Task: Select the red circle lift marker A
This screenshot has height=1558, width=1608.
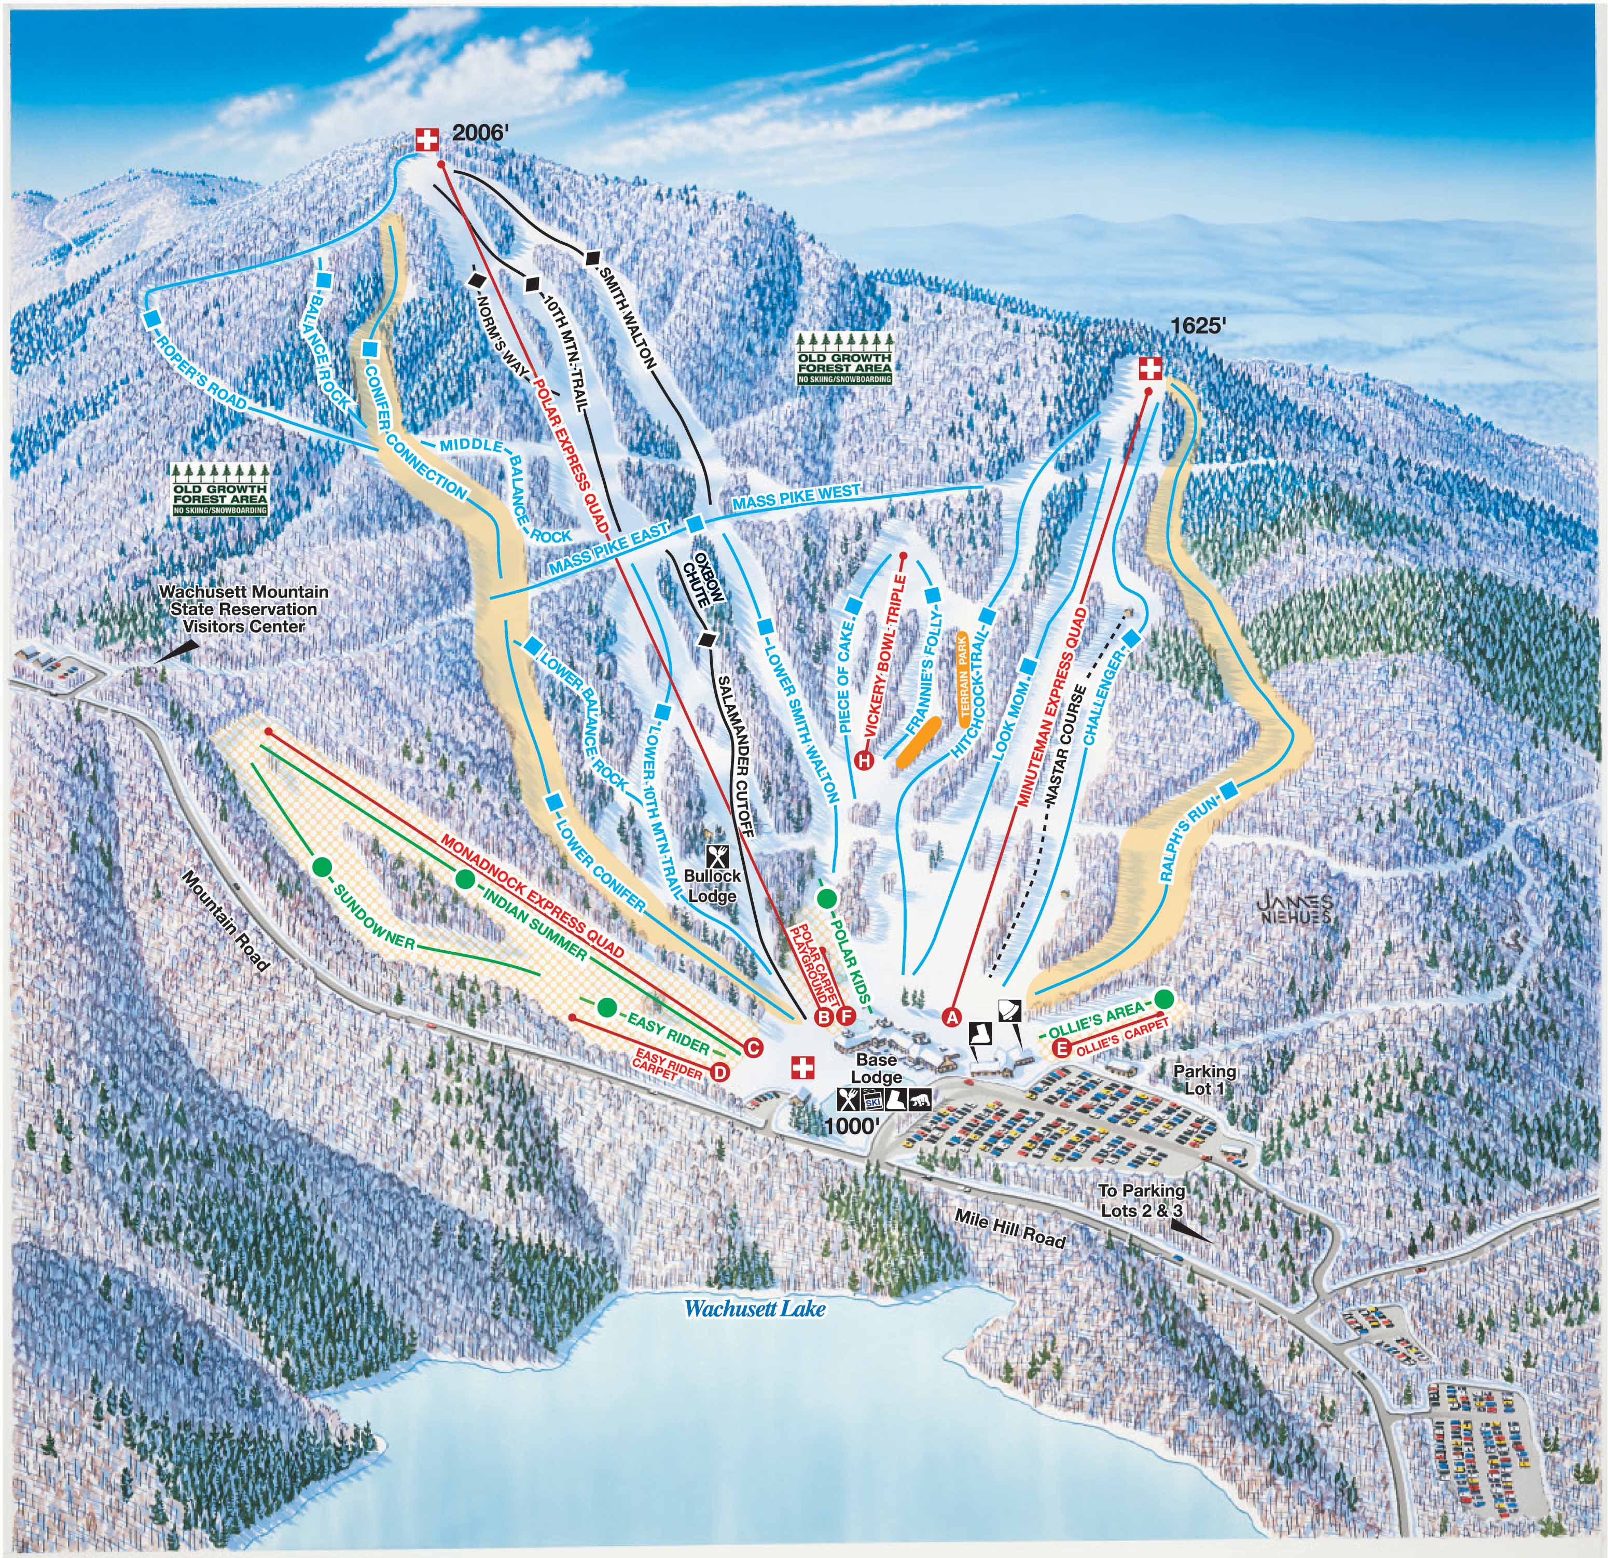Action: tap(952, 1018)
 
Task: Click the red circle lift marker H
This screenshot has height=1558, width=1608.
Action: tap(864, 760)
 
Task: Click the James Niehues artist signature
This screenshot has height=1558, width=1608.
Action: tap(1295, 907)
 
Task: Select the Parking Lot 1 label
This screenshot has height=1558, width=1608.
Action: tap(1203, 1080)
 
